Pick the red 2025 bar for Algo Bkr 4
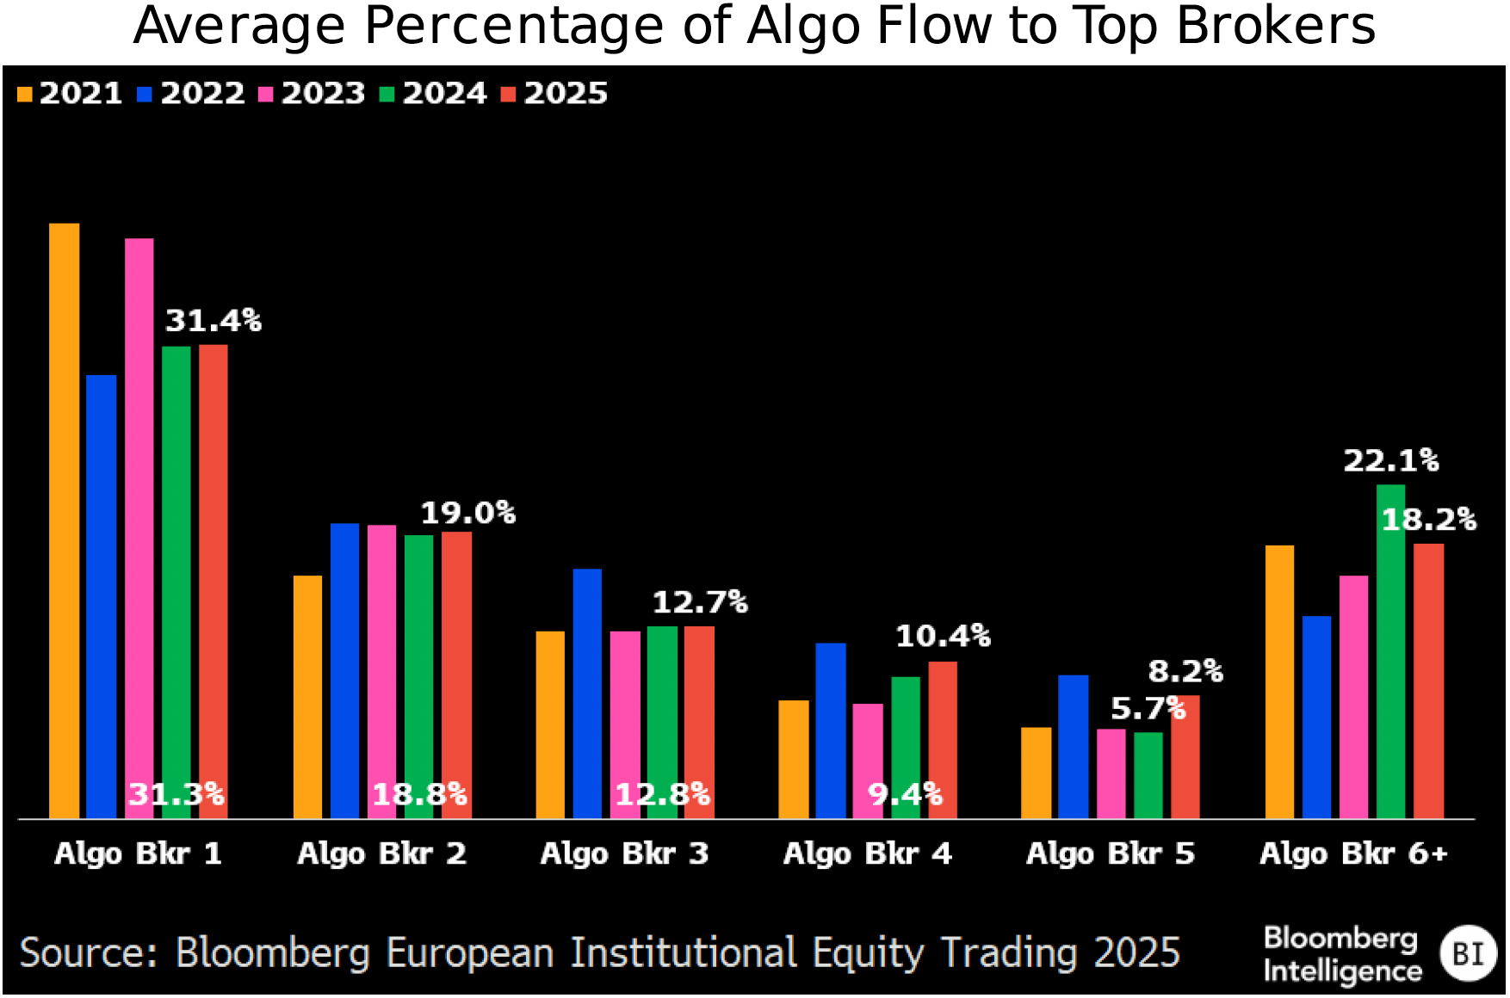click(943, 740)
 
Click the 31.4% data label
click(213, 321)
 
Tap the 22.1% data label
click(1390, 461)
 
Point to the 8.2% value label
click(1185, 671)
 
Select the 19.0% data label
click(467, 514)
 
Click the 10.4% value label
click(943, 637)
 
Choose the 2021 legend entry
click(71, 93)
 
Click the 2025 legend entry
click(554, 93)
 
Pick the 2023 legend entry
click(313, 93)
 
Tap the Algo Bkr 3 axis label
click(624, 853)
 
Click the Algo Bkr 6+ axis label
click(1353, 853)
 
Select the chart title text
click(754, 26)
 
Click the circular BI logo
click(1469, 953)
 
